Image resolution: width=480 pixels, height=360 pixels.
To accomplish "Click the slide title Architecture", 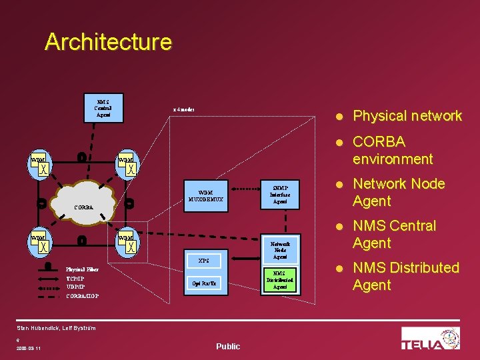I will tap(108, 42).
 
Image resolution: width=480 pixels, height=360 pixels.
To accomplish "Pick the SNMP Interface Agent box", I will tap(280, 194).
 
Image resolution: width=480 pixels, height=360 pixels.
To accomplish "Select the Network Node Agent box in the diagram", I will tap(280, 250).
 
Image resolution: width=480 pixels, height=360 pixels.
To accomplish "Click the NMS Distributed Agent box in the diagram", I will tap(280, 280).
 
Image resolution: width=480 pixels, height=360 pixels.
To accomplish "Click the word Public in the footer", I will tap(228, 346).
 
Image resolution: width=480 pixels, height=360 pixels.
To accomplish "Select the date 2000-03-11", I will tap(25, 348).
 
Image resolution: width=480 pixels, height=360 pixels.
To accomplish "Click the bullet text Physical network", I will tap(407, 116).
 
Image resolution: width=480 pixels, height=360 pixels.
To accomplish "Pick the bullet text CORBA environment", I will tap(393, 150).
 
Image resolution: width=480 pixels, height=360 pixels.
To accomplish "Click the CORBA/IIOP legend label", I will tap(83, 295).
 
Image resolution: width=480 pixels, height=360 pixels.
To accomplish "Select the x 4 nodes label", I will tap(183, 109).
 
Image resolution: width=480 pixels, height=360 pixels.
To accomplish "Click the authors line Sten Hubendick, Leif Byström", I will tap(56, 328).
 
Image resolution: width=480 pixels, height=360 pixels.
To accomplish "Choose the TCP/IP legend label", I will tap(75, 278).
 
